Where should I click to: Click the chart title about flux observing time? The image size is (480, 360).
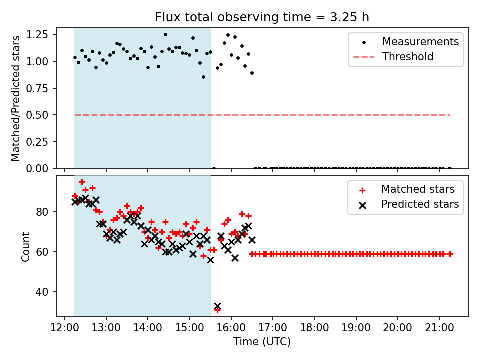click(262, 17)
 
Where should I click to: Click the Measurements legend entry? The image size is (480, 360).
click(420, 42)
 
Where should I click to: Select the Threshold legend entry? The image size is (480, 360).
click(408, 57)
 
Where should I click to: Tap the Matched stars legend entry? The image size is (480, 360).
click(418, 189)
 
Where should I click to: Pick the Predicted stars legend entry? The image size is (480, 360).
click(420, 204)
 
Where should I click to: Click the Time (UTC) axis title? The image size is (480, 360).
click(262, 342)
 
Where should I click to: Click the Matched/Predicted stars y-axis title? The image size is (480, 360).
click(16, 98)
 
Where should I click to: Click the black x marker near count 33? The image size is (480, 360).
click(217, 306)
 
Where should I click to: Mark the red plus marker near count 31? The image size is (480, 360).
click(217, 310)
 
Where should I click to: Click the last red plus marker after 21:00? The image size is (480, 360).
click(450, 254)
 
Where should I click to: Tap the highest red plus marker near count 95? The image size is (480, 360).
click(82, 182)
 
